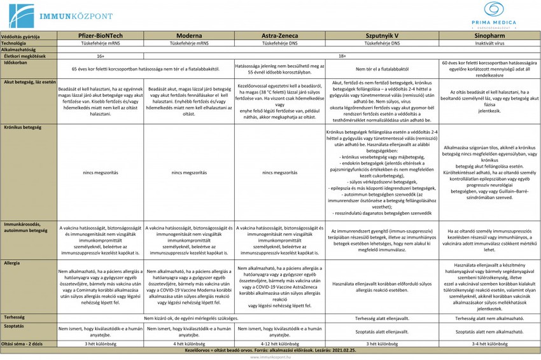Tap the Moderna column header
189,37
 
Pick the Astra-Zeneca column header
281,37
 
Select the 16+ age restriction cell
101,56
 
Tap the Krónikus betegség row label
22,127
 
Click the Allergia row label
11,262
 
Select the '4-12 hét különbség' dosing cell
281,344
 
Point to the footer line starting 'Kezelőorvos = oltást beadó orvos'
270,350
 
